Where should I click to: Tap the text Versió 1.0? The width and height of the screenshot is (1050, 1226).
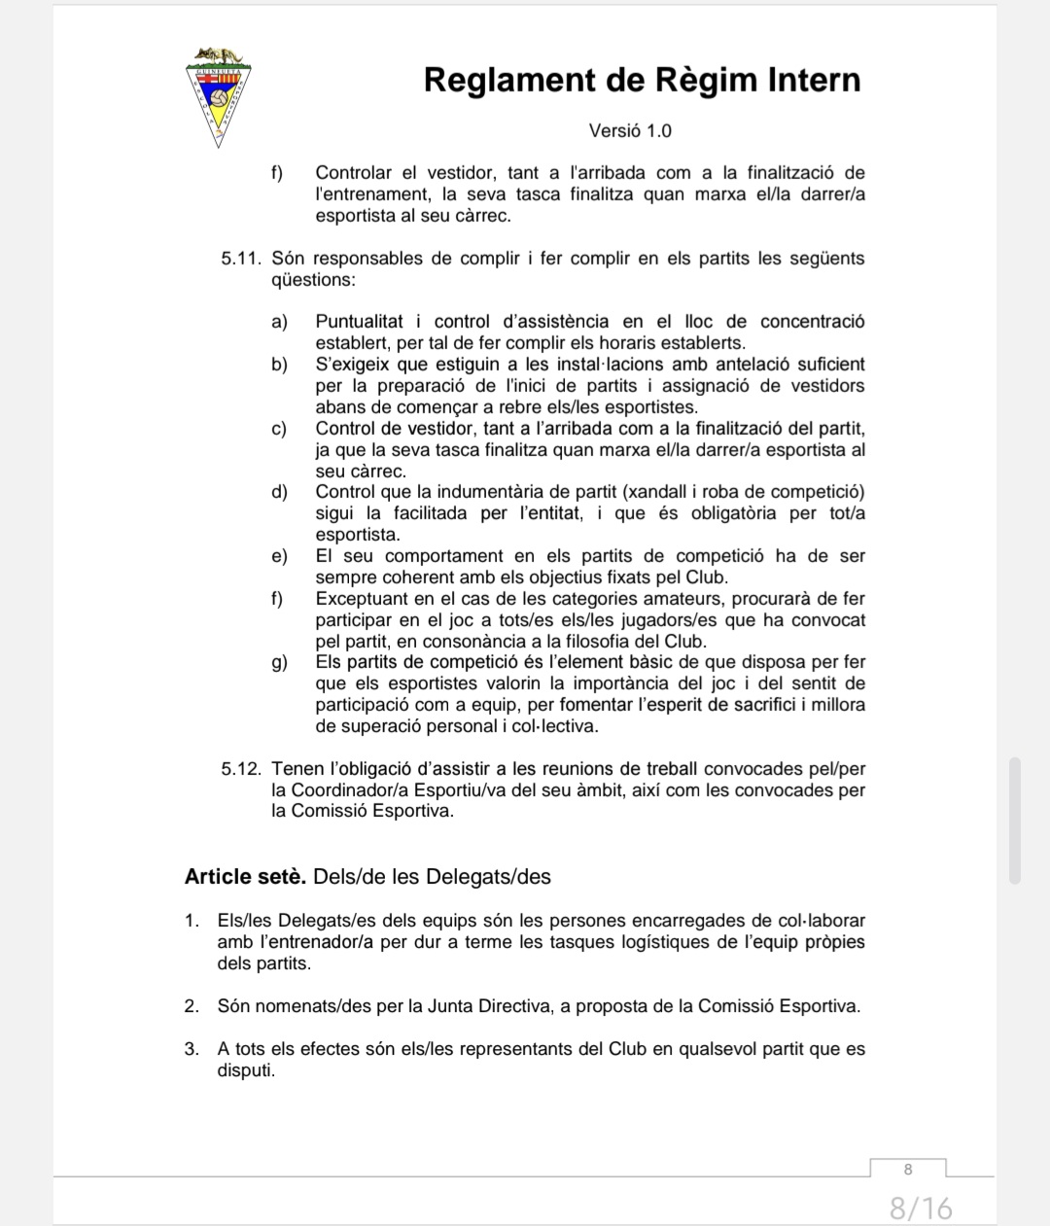click(x=630, y=130)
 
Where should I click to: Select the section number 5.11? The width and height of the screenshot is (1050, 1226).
click(x=241, y=259)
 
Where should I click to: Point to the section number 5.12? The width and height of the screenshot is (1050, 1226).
click(x=241, y=769)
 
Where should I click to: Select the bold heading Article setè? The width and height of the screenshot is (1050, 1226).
click(x=245, y=877)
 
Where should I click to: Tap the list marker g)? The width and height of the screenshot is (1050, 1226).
click(x=279, y=663)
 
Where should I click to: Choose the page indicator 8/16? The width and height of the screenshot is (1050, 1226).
click(x=921, y=1208)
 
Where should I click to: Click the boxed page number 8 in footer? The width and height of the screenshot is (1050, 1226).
click(x=908, y=1169)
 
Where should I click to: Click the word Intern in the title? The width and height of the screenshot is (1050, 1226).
click(x=808, y=80)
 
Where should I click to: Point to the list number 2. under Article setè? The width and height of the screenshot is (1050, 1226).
click(x=192, y=1006)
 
